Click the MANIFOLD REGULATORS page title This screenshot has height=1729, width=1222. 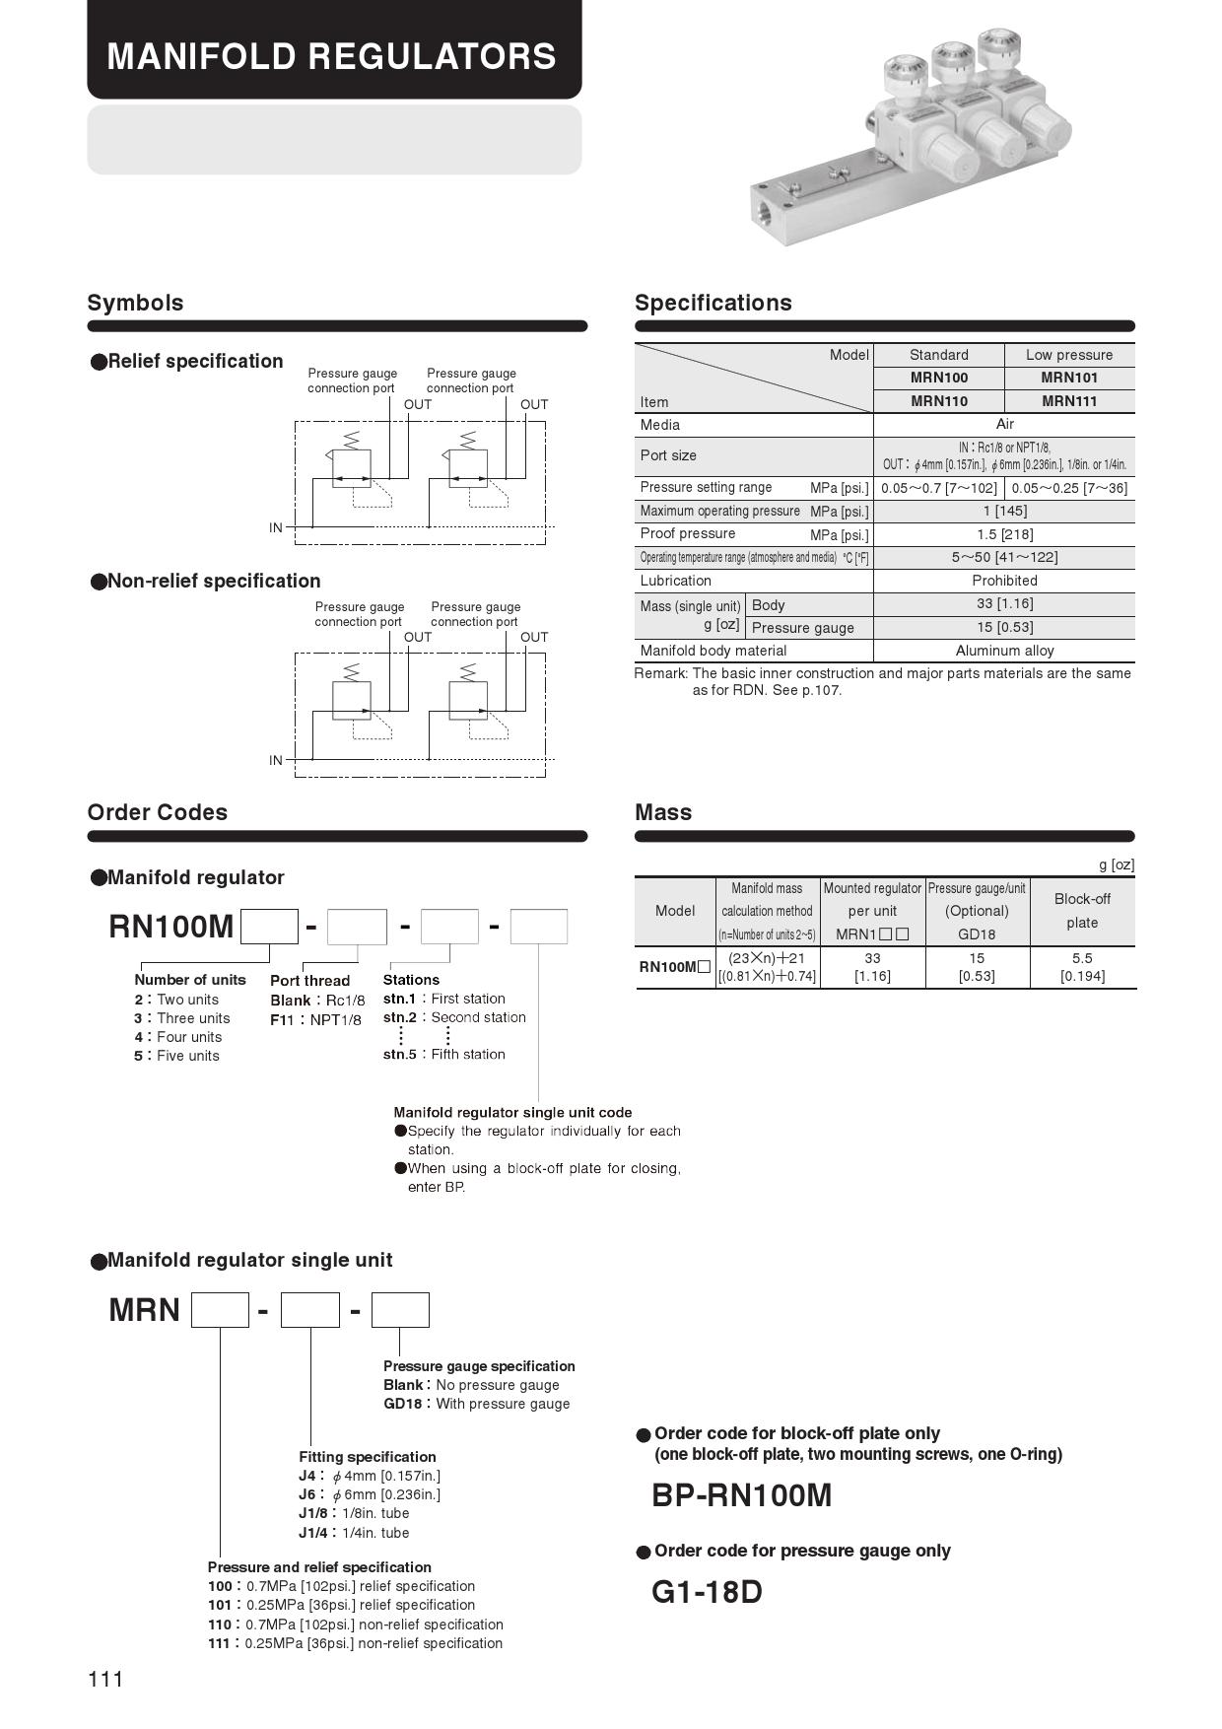point(331,56)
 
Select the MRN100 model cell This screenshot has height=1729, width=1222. point(938,378)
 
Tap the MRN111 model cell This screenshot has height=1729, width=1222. point(1068,401)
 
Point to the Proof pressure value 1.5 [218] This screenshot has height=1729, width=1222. point(1004,534)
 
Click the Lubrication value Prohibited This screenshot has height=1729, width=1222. point(1004,581)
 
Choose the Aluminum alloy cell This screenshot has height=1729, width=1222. point(1004,651)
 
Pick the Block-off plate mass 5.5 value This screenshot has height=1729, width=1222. point(1081,958)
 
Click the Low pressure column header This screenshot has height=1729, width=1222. point(1068,355)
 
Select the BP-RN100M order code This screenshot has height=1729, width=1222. point(741,1496)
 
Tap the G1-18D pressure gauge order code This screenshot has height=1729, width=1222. point(707,1592)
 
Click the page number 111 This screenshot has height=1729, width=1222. point(105,1679)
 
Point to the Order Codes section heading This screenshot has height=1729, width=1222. point(157,812)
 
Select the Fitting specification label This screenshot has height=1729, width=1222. point(367,1457)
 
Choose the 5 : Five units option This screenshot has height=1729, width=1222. point(176,1056)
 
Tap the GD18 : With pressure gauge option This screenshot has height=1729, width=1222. point(476,1404)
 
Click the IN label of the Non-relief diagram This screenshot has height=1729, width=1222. point(276,760)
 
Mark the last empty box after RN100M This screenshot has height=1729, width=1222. point(539,927)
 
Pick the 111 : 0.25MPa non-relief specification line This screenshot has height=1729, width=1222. point(355,1643)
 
